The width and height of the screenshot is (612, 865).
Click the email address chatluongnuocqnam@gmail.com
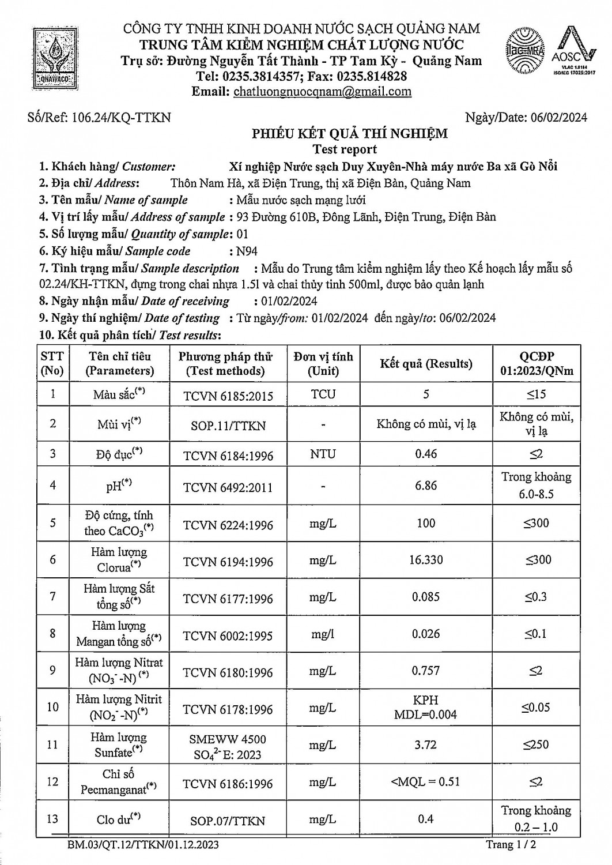pyautogui.click(x=323, y=91)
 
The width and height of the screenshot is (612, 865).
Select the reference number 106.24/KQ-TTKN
pyautogui.click(x=122, y=118)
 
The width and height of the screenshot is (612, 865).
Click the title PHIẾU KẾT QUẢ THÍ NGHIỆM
pyautogui.click(x=349, y=134)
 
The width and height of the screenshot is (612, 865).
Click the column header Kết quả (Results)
pyautogui.click(x=426, y=363)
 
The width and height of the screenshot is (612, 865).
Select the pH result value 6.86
pyautogui.click(x=426, y=486)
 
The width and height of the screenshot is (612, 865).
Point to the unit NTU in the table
pyautogui.click(x=323, y=454)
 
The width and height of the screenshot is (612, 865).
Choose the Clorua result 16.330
pyautogui.click(x=426, y=560)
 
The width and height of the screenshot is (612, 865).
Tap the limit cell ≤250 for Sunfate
pyautogui.click(x=536, y=744)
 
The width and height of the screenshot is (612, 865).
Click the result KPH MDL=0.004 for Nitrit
pyautogui.click(x=426, y=707)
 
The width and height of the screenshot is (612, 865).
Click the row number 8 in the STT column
pyautogui.click(x=52, y=634)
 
